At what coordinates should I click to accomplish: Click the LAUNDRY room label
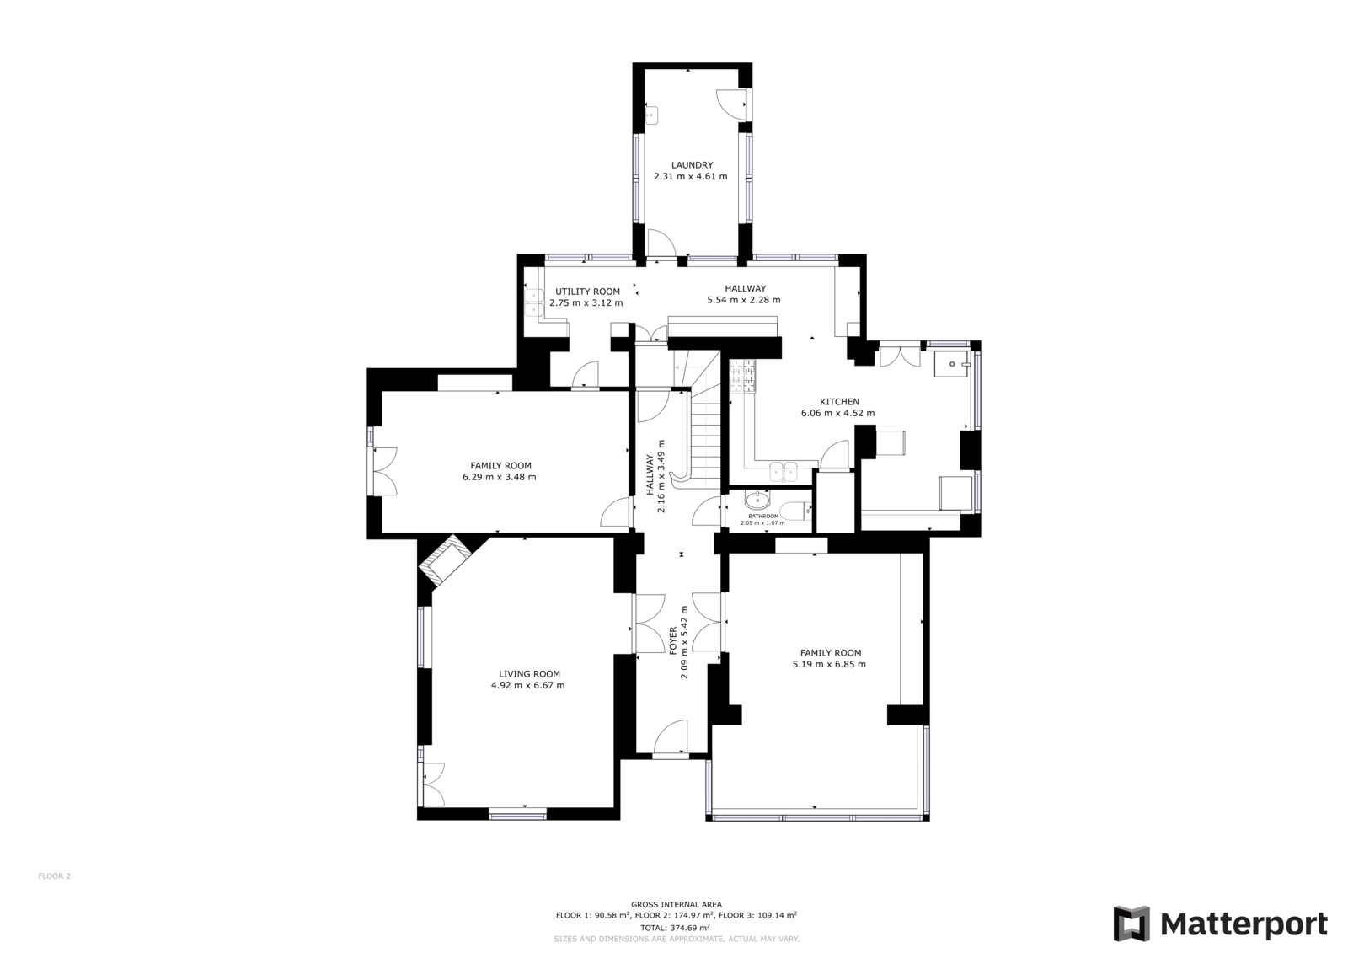[692, 165]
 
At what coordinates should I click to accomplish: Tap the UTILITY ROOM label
[587, 292]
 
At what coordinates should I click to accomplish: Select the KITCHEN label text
[839, 402]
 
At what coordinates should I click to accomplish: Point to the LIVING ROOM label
[530, 674]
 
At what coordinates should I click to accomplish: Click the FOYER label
[673, 640]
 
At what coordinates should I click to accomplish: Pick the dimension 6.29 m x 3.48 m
[500, 477]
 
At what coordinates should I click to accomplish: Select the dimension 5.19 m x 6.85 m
[829, 664]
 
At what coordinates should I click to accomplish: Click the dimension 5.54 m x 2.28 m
[744, 300]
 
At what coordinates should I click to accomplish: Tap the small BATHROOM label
[763, 516]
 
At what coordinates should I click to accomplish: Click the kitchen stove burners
[742, 377]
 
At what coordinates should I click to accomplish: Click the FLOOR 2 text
[54, 876]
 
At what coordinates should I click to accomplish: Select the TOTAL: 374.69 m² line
[675, 928]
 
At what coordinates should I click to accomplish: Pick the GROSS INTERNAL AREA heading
[677, 904]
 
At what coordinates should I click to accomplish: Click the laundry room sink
[650, 114]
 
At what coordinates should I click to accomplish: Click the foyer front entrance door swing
[670, 736]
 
